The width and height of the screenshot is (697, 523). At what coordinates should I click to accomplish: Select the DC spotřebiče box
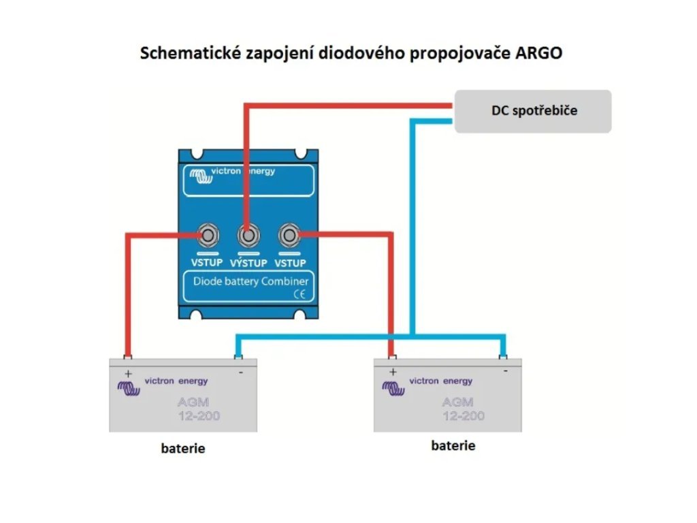pyautogui.click(x=533, y=110)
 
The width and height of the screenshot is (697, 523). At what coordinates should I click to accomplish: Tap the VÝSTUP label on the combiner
pyautogui.click(x=248, y=264)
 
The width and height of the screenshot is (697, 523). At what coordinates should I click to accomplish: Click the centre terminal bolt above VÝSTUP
pyautogui.click(x=248, y=236)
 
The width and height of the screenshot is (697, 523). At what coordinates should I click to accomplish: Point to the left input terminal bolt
pyautogui.click(x=207, y=236)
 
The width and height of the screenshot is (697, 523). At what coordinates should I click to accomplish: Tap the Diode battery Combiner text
pyautogui.click(x=250, y=281)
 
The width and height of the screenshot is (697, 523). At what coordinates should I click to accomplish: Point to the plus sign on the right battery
pyautogui.click(x=392, y=372)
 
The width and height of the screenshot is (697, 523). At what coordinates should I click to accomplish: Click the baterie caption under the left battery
pyautogui.click(x=183, y=449)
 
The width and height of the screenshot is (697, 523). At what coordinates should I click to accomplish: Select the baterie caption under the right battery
pyautogui.click(x=453, y=446)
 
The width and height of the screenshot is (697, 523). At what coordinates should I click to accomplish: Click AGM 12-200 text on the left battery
pyautogui.click(x=198, y=409)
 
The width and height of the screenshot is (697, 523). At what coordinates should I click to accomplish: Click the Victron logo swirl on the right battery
pyautogui.click(x=393, y=388)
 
